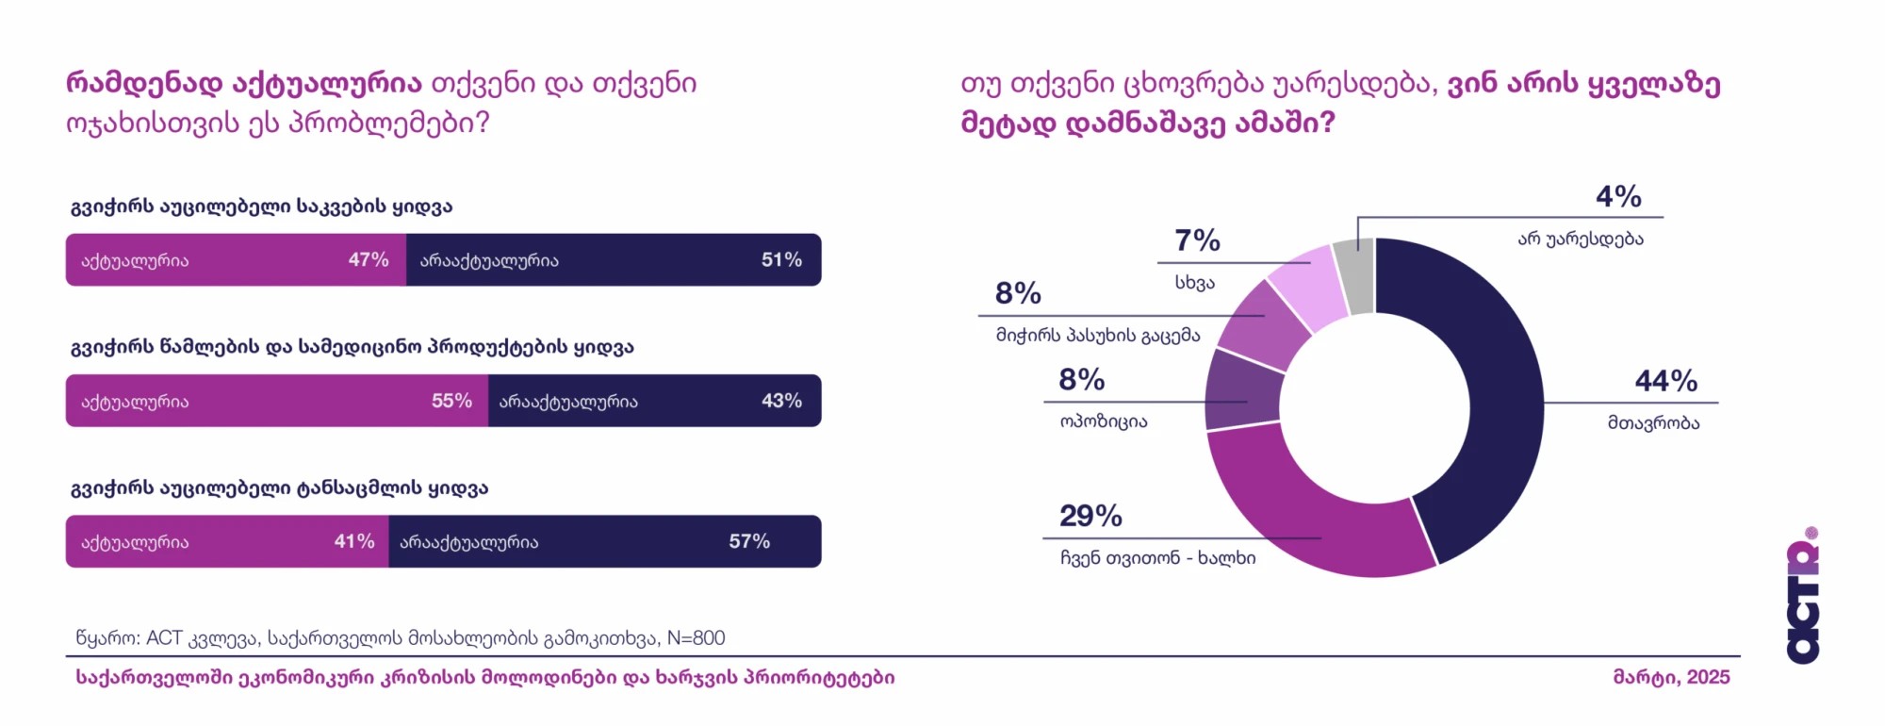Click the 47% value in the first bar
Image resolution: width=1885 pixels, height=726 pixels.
click(x=369, y=260)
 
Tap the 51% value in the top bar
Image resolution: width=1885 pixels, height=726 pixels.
click(x=781, y=260)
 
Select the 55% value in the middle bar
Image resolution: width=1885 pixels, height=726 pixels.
click(x=451, y=401)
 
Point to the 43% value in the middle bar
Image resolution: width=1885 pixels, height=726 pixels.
click(x=781, y=401)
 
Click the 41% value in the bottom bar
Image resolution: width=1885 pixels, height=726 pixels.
click(x=354, y=541)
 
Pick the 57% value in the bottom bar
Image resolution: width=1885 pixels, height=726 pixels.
click(x=749, y=541)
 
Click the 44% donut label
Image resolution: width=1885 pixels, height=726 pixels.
click(x=1665, y=381)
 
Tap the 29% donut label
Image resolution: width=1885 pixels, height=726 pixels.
click(x=1090, y=516)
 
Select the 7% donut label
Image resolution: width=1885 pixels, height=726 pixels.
click(x=1197, y=240)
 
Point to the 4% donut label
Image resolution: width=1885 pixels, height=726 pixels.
click(x=1618, y=196)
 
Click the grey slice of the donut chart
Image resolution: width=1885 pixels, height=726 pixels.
click(x=1354, y=275)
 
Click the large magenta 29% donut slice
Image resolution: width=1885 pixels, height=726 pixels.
click(x=1319, y=519)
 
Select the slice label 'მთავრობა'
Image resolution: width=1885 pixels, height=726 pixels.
click(x=1653, y=423)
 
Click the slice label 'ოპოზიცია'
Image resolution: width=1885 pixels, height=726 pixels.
click(x=1104, y=421)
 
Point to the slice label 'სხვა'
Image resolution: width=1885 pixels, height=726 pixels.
click(x=1194, y=283)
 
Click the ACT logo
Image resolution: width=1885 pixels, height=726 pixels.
click(x=1803, y=597)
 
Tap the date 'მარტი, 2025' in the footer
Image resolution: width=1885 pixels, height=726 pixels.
click(x=1671, y=677)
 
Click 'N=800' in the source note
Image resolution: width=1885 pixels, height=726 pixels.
click(x=696, y=638)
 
